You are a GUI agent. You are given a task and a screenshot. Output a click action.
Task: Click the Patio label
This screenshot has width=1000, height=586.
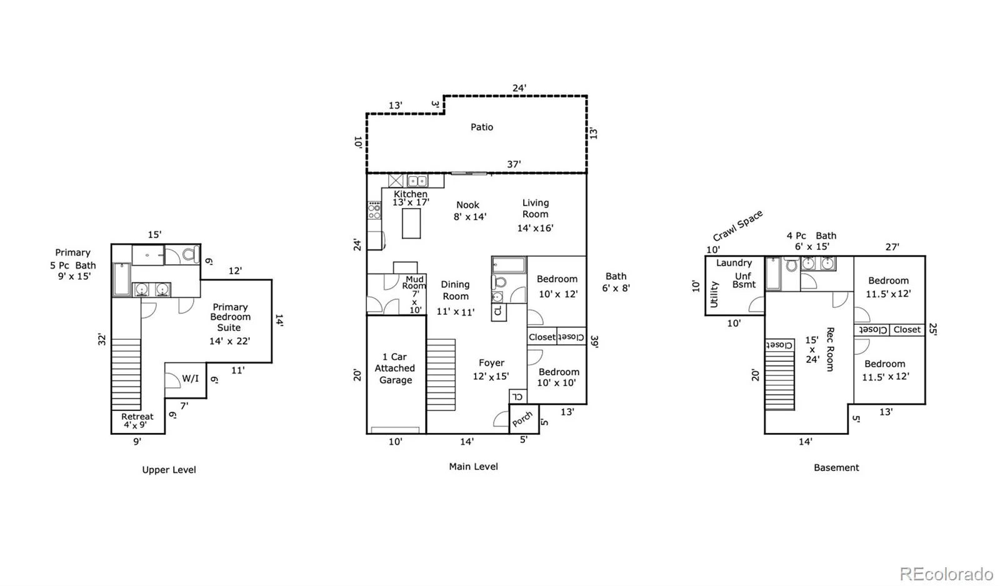point(482,127)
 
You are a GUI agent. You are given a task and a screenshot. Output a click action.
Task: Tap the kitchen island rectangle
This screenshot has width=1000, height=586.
point(411,223)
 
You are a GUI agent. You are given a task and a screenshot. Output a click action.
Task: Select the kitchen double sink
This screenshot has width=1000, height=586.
point(417,181)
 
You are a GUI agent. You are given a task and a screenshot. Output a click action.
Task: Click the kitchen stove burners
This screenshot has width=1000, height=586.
point(374,210)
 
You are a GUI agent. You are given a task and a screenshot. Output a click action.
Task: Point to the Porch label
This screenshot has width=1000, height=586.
point(522,419)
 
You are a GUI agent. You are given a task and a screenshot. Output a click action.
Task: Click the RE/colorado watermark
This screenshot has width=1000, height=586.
point(946,573)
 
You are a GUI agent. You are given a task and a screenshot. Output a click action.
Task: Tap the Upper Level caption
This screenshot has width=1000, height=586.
point(169,470)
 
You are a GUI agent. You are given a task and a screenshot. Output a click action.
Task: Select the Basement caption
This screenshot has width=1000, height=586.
point(836,467)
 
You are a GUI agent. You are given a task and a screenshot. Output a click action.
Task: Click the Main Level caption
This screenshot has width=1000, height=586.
point(473,467)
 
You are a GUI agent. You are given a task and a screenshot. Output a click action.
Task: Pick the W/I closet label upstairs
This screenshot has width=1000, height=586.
point(190,379)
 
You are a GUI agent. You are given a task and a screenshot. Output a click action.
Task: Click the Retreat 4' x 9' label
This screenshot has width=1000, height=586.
point(137,420)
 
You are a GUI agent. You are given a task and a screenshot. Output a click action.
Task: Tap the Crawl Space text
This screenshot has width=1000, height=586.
point(737,226)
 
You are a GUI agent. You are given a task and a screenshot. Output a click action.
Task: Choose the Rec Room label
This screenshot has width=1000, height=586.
point(830,349)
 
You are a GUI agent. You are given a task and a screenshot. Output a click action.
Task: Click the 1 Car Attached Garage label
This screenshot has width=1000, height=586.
point(394,368)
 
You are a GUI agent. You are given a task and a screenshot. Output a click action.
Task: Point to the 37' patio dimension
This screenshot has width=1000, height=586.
point(514,164)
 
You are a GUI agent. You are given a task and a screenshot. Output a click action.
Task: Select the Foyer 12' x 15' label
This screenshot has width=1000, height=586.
point(491,370)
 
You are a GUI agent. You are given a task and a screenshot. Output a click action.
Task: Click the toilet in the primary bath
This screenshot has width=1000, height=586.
point(191,254)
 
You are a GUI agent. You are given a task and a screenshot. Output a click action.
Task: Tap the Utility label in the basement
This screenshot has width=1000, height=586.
point(714,294)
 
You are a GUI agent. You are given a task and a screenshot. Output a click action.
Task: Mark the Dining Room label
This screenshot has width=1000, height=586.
point(455,290)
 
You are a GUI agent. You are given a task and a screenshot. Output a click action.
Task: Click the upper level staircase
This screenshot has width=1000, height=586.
point(126,374)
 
